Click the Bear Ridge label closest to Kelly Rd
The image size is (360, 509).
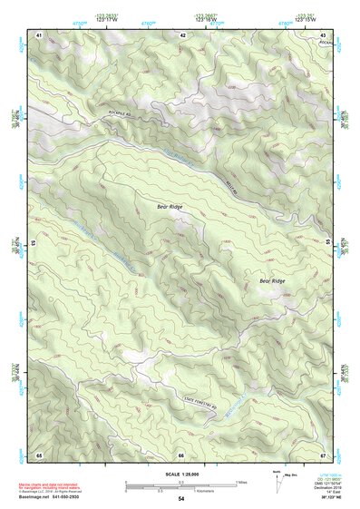click(x=170, y=207)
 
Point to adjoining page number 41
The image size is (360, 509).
click(x=39, y=34)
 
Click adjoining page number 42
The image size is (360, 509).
click(x=182, y=34)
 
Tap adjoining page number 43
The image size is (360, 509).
click(x=324, y=34)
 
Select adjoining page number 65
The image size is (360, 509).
click(x=39, y=454)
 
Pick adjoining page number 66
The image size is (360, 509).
click(x=181, y=454)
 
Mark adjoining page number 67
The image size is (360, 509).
click(x=324, y=454)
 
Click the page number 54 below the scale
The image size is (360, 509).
click(x=181, y=498)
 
